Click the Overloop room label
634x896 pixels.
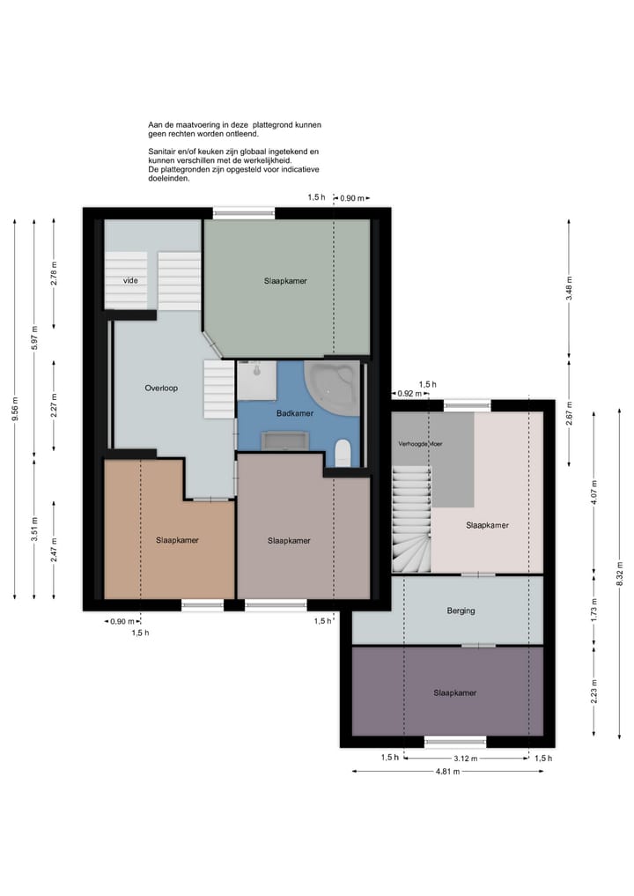[161, 388]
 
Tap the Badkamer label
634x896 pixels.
[295, 413]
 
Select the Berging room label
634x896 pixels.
[461, 611]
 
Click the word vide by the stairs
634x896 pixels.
[130, 280]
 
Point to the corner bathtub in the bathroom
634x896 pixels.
[332, 388]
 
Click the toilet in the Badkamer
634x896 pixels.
[343, 453]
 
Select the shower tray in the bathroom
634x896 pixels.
[257, 380]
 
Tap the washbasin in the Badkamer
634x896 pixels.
[285, 441]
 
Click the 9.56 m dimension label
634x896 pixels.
[15, 409]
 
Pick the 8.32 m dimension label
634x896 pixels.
[619, 574]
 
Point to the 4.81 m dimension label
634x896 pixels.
[448, 772]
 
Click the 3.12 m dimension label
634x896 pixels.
[466, 759]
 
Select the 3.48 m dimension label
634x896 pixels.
[569, 288]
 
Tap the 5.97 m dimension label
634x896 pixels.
[34, 337]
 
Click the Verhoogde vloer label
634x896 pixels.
[420, 443]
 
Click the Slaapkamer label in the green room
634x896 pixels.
[285, 281]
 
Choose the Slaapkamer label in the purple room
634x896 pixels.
[454, 693]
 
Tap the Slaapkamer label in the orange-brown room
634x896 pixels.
[177, 540]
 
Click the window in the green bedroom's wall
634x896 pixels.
[244, 214]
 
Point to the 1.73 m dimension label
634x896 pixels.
[594, 611]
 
